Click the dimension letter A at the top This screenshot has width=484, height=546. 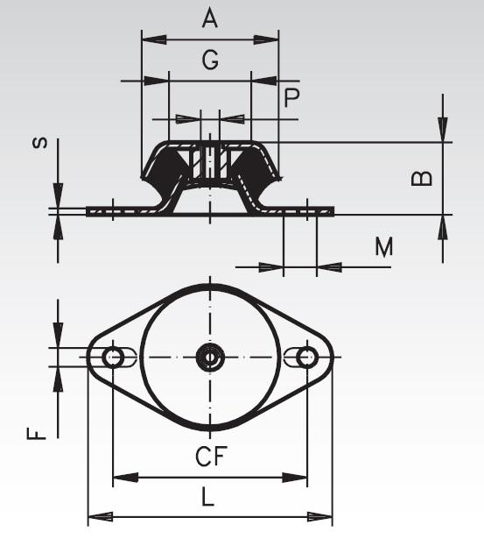(x=210, y=18)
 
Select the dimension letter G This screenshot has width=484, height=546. (x=210, y=60)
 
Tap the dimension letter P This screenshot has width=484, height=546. (x=291, y=97)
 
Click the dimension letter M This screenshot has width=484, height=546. (x=383, y=247)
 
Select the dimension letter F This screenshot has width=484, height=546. (x=33, y=433)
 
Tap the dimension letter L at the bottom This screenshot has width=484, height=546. (x=207, y=497)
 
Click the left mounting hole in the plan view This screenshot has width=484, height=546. (x=112, y=357)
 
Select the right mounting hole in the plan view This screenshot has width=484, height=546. (x=306, y=357)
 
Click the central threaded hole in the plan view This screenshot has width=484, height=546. (x=210, y=357)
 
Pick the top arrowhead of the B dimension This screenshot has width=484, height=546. (x=443, y=131)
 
